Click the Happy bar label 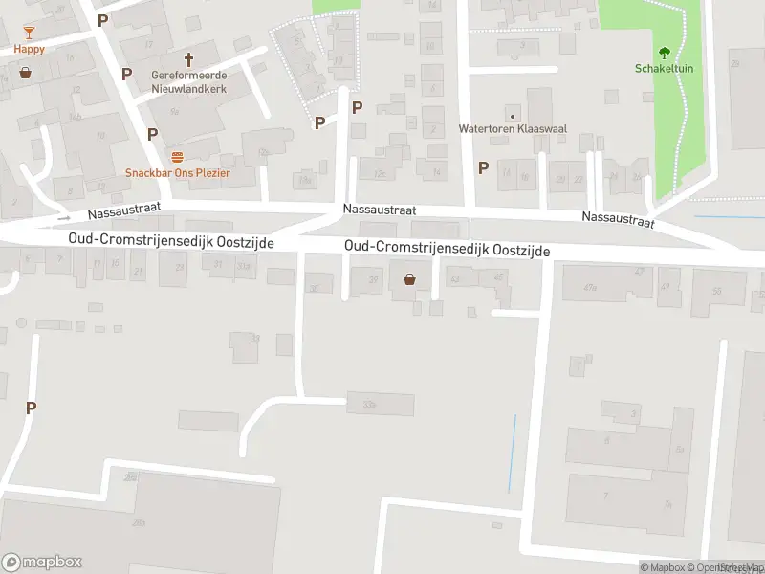[x=29, y=49]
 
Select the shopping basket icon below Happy [x=25, y=72]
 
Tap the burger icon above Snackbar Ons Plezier [x=176, y=156]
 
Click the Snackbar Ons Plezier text [x=178, y=173]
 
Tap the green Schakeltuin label [x=663, y=68]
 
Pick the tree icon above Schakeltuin [x=664, y=53]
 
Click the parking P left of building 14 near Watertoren [x=483, y=167]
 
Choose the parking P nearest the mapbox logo [x=31, y=408]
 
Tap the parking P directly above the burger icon [x=152, y=134]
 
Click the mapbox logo [x=42, y=563]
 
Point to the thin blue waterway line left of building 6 [x=513, y=454]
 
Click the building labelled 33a [x=381, y=404]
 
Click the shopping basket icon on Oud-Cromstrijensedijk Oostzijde [x=410, y=279]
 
